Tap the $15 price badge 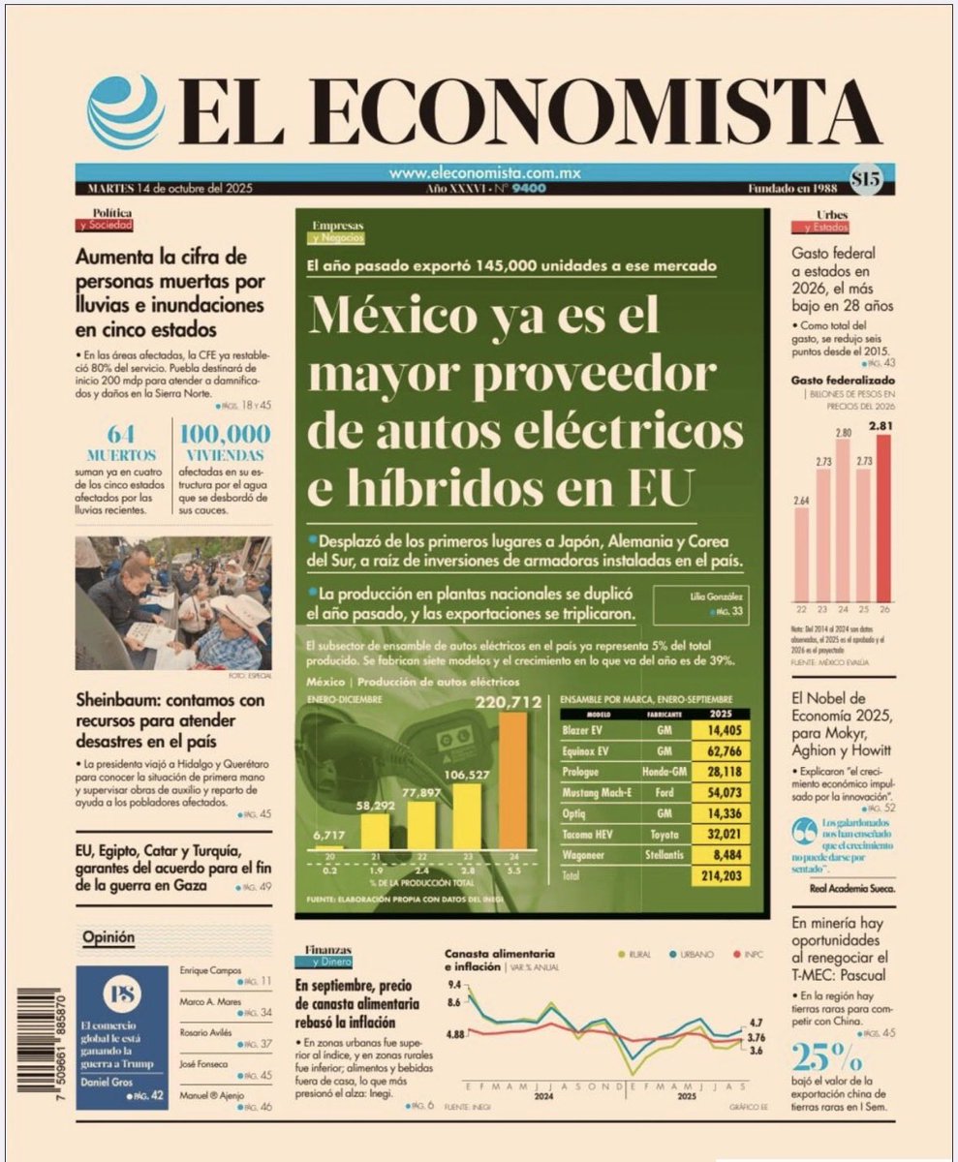click(x=866, y=178)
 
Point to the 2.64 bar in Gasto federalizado click(x=801, y=553)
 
